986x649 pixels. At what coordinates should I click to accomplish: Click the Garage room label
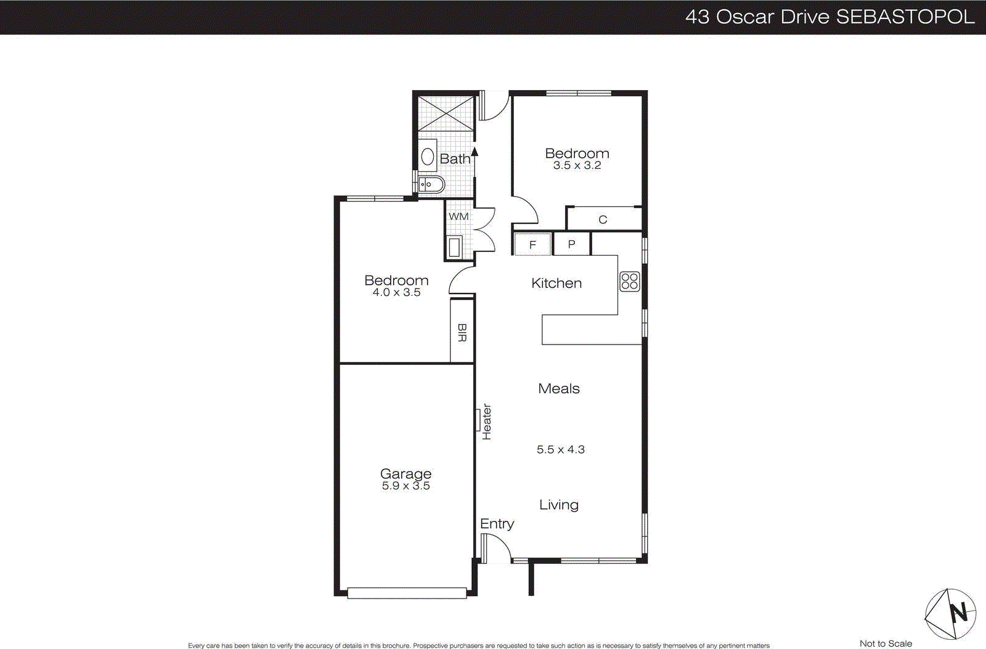[405, 473]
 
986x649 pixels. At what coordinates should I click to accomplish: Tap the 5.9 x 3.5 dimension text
[405, 486]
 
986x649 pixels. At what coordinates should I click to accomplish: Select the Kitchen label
[556, 283]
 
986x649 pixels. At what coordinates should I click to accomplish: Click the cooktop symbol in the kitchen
[629, 282]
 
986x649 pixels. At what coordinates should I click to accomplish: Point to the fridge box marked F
[532, 245]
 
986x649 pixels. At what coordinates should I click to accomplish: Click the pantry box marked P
[571, 244]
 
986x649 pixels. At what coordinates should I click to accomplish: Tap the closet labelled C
[603, 219]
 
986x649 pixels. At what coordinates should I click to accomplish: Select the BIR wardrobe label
[462, 333]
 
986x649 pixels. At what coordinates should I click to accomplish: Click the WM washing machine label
[458, 216]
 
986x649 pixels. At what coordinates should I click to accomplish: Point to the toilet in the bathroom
[428, 157]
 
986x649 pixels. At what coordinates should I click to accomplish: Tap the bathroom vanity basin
[431, 184]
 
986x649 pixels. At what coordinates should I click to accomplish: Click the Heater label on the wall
[487, 422]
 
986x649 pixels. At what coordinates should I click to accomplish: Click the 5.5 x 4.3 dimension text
[560, 449]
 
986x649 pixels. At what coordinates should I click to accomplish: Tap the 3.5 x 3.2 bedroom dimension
[577, 165]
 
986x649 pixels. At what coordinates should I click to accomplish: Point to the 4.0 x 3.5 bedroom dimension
[396, 292]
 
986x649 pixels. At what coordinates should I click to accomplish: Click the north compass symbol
[950, 613]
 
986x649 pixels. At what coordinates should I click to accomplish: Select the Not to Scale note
[886, 643]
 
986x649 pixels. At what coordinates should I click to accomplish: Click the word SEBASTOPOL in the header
[905, 17]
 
